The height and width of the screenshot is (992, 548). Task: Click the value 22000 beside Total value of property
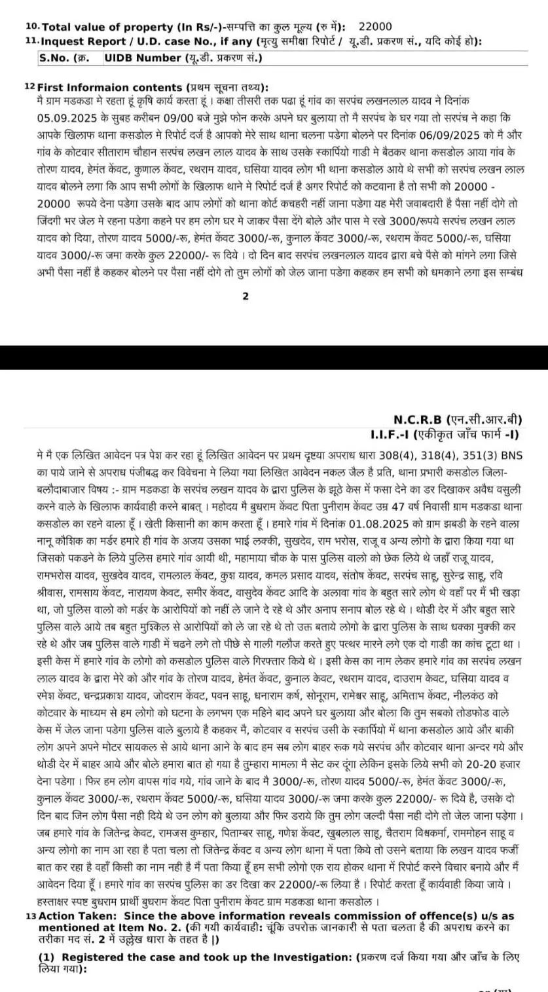[375, 27]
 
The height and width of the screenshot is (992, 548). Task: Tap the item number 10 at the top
[31, 27]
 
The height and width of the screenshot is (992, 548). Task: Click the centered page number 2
[246, 296]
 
